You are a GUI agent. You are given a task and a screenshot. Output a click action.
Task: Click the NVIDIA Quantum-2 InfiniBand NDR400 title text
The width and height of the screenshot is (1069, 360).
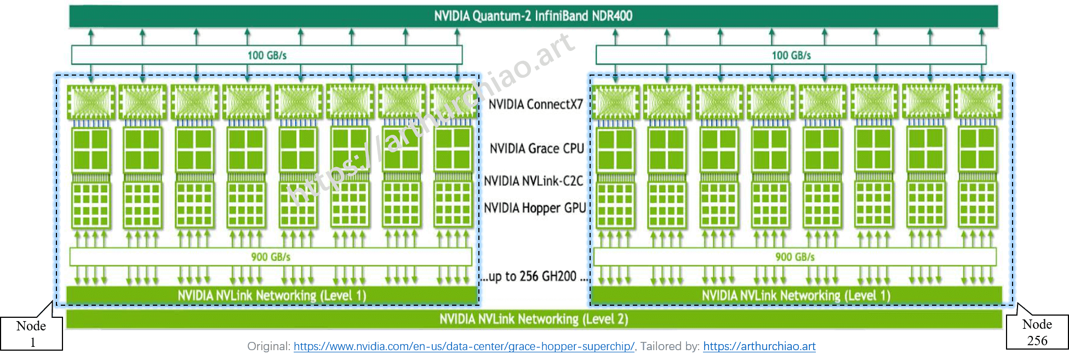tap(533, 16)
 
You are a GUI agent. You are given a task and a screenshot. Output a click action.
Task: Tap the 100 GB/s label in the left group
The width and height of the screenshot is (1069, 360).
tap(267, 55)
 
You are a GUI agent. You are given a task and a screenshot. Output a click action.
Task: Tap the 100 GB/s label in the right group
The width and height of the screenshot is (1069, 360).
tap(791, 55)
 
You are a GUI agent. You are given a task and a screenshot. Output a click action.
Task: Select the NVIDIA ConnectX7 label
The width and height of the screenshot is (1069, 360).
tap(535, 104)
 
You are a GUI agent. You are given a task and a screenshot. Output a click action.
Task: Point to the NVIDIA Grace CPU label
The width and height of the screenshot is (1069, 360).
tap(536, 148)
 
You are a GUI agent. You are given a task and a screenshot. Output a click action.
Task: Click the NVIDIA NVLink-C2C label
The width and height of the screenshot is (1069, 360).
tap(533, 181)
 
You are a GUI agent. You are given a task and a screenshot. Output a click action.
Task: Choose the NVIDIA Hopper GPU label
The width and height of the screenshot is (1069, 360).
tap(534, 208)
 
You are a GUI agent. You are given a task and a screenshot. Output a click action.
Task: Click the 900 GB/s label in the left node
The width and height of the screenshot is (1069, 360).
tap(271, 256)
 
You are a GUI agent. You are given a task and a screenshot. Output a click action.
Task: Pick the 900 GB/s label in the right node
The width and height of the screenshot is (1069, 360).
tap(794, 256)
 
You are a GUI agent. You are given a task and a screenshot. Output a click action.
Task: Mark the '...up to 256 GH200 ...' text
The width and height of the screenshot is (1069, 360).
tap(534, 276)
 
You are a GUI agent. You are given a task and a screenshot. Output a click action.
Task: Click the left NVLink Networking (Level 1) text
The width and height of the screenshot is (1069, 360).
tap(272, 296)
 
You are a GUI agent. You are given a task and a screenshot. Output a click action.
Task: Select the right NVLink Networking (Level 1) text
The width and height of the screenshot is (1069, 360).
tap(796, 296)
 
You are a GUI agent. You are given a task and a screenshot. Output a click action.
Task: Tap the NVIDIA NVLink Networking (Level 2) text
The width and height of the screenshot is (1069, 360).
tap(533, 319)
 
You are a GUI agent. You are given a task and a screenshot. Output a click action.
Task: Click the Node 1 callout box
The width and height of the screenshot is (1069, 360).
tap(31, 333)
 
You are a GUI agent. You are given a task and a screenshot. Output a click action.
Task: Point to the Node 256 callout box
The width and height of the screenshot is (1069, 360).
tap(1037, 332)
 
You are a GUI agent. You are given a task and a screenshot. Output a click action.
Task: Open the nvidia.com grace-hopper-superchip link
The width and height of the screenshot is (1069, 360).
tap(464, 346)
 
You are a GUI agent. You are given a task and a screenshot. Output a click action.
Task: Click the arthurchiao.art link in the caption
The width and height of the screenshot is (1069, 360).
tap(759, 346)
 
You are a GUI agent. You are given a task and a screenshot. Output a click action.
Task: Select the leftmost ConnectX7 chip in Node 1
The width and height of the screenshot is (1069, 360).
tap(91, 102)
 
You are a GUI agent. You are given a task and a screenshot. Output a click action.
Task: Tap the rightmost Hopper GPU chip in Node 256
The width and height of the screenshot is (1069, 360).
tap(977, 205)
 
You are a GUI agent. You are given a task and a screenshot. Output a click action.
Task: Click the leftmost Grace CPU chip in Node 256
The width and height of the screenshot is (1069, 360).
tap(615, 149)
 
